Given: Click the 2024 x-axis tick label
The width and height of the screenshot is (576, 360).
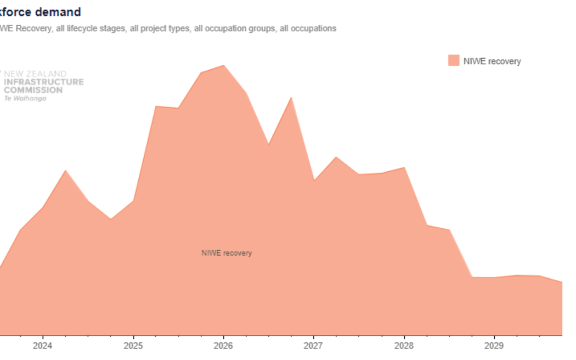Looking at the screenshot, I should (42, 346).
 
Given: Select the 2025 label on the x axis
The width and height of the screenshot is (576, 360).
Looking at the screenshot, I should (133, 346).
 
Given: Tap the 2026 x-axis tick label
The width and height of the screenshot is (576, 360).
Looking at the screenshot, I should (223, 346).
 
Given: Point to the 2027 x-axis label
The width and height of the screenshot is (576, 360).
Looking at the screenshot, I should (313, 346).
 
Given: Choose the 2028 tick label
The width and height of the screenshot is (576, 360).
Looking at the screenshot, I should (404, 346).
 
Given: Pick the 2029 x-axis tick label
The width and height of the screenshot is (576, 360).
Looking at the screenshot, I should (494, 346).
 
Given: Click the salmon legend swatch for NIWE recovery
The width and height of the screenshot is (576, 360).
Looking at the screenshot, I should (454, 61).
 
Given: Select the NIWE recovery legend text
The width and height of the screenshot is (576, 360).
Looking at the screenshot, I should (492, 61).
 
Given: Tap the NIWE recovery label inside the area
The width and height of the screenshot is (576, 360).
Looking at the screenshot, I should (227, 253).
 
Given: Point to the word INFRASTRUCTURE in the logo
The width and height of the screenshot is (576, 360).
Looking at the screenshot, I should (44, 82).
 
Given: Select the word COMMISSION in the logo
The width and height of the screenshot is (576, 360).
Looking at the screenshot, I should (33, 90).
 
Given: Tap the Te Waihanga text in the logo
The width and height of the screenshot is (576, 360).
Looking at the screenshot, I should (25, 98).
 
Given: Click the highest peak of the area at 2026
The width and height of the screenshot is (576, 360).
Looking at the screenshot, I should (223, 65).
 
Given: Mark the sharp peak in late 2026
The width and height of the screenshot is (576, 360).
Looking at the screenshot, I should (291, 98).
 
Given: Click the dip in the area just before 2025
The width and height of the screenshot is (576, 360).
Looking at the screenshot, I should (110, 219).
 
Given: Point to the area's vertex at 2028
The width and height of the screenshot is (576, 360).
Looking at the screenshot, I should (404, 167).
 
